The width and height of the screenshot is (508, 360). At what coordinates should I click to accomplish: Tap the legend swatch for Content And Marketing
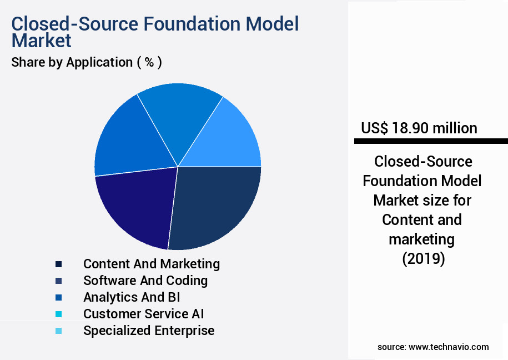tap(58, 264)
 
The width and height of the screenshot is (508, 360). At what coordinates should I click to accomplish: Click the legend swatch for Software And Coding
tap(58, 281)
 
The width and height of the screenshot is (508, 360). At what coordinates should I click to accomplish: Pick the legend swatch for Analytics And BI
tap(58, 297)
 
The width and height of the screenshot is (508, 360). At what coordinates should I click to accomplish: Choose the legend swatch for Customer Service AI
tap(58, 314)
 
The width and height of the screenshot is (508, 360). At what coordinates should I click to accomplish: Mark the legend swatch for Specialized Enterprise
tap(58, 331)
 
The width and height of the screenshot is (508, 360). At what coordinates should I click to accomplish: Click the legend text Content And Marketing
tap(152, 264)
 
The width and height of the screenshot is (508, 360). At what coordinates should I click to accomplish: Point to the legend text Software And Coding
tap(145, 281)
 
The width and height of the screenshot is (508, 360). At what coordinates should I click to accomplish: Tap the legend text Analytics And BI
tap(132, 297)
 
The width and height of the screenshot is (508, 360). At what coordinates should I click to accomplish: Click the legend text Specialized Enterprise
tap(149, 331)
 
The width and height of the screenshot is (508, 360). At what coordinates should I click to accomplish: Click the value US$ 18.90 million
tap(419, 128)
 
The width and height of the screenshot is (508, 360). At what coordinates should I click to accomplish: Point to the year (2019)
tap(423, 259)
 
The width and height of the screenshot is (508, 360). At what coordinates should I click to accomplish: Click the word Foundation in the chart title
tap(185, 24)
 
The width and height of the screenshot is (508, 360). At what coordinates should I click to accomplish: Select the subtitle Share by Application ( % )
tap(87, 62)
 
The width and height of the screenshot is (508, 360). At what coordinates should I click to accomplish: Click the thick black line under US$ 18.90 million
tap(431, 142)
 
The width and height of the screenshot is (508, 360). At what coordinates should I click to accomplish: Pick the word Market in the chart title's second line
tap(42, 41)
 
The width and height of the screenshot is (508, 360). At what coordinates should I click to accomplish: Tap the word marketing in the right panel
tap(421, 239)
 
